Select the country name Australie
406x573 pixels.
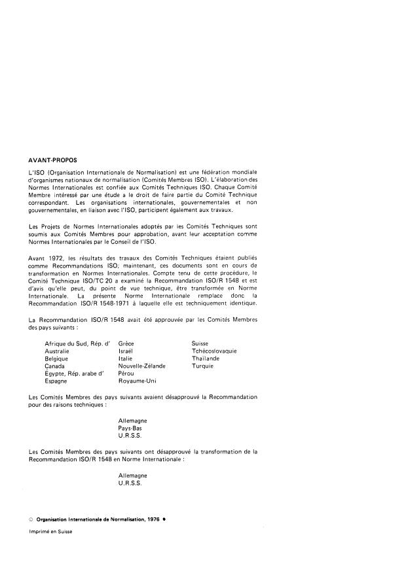click(58, 351)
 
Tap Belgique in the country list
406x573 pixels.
click(58, 358)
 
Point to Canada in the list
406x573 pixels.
click(55, 366)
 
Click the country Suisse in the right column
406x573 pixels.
click(200, 343)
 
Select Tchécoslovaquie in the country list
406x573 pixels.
click(214, 351)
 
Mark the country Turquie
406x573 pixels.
click(202, 366)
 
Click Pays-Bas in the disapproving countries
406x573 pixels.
click(131, 427)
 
